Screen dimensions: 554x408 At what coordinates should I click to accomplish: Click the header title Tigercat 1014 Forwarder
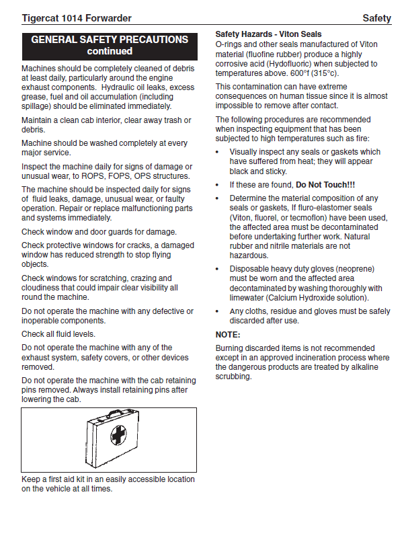tap(77, 18)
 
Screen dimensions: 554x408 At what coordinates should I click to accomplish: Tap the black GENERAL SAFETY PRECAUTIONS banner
tap(110, 46)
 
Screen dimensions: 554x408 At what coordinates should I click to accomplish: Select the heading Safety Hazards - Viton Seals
tap(268, 34)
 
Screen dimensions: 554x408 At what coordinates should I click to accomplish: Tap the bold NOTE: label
tap(228, 335)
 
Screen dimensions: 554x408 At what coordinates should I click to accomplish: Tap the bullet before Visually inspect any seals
tap(218, 152)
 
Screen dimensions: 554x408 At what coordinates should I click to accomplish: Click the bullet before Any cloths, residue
tap(218, 311)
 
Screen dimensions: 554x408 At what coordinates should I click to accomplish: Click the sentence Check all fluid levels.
tap(58, 334)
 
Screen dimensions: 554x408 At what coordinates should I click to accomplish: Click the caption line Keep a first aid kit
tap(108, 479)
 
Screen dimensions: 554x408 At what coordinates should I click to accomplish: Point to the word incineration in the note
tap(317, 358)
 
